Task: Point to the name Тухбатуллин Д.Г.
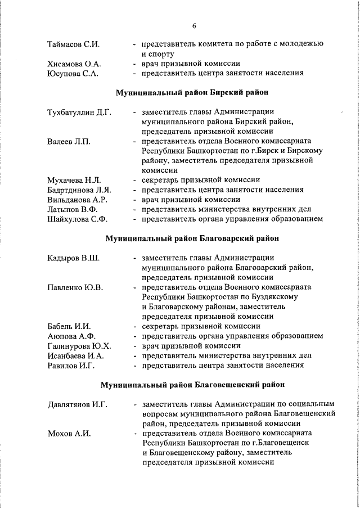pyautogui.click(x=79, y=112)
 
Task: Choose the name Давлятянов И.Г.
pyautogui.click(x=77, y=404)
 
